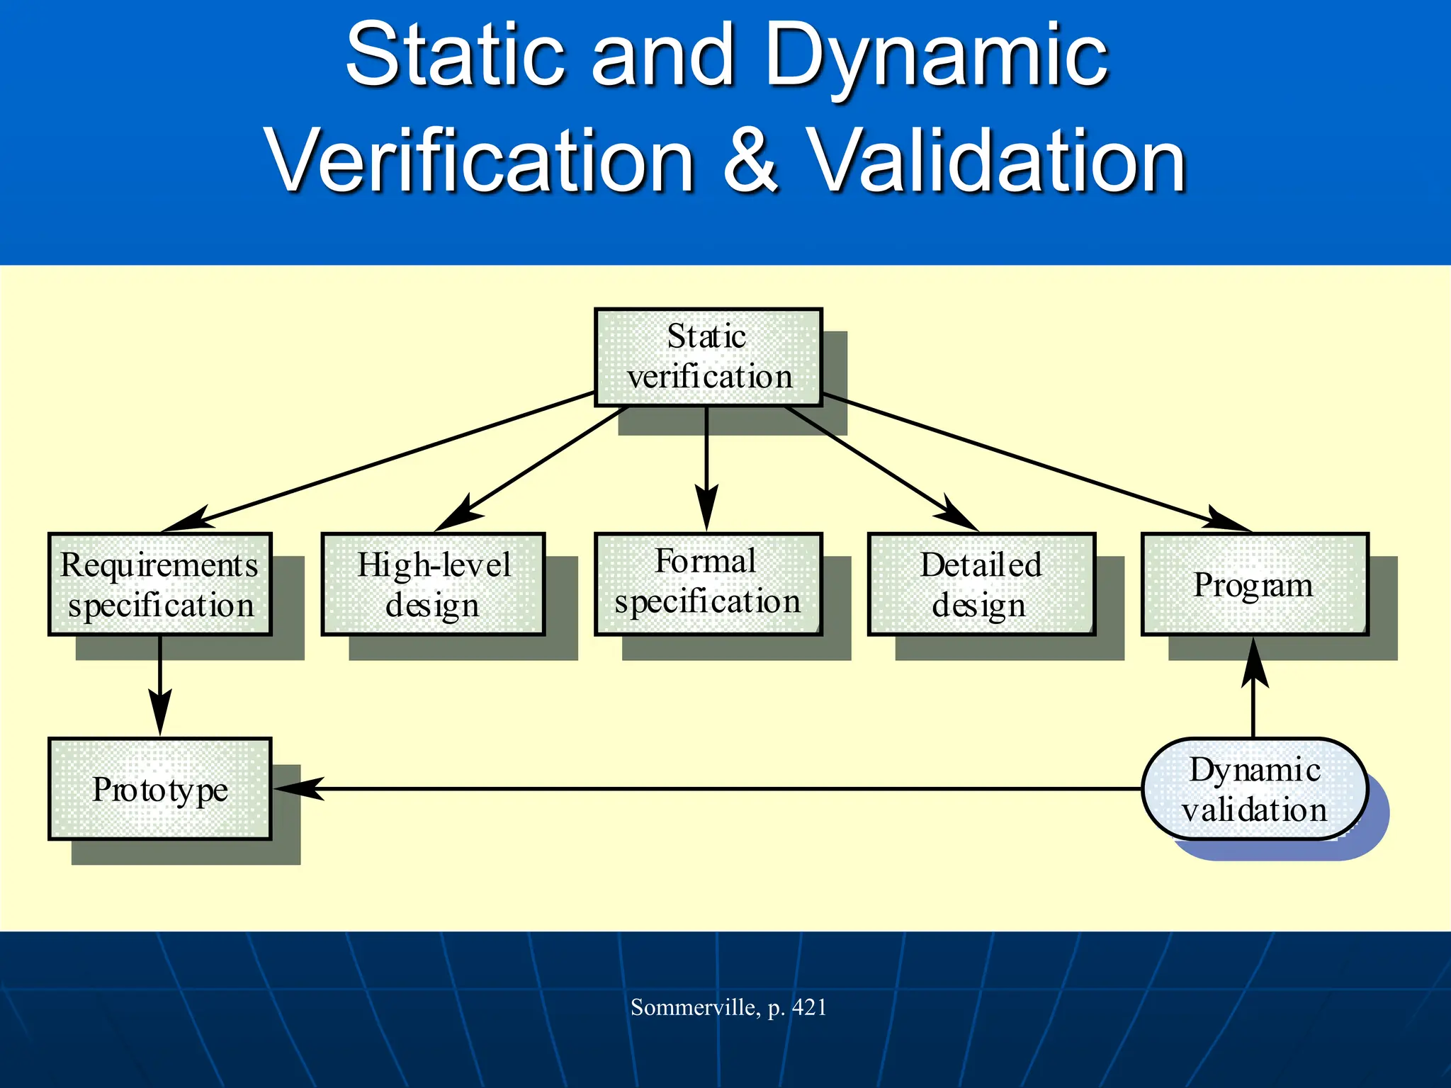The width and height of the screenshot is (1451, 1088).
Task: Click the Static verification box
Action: point(708,357)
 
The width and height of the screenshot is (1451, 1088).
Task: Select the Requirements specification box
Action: point(160,584)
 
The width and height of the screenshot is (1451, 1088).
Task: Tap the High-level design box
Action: point(433,584)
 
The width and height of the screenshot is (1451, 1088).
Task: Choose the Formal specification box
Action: point(708,584)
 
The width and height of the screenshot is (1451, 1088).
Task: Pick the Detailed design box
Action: point(981,584)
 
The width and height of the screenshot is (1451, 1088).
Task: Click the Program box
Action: point(1254,584)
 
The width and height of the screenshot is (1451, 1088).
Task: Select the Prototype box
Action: point(160,789)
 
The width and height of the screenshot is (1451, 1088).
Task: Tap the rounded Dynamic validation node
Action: point(1254,789)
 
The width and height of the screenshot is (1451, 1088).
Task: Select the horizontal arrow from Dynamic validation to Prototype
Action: point(708,788)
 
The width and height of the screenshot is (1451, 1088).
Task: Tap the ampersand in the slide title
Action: point(751,161)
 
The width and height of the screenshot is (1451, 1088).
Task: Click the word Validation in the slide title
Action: point(998,161)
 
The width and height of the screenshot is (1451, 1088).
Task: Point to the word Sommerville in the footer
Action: point(694,1007)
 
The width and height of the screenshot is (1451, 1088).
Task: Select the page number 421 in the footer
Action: point(809,1007)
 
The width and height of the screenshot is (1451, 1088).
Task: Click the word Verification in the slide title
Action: point(480,161)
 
